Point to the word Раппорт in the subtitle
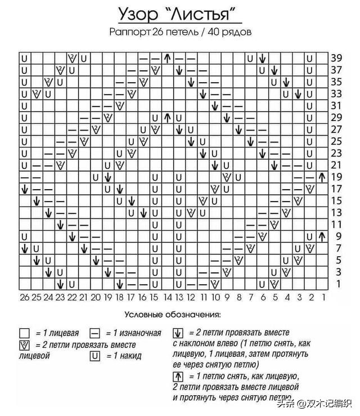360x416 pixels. tap(129, 32)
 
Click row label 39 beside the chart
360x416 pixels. tap(336, 58)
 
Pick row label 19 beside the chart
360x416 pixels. tap(336, 177)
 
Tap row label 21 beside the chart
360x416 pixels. tap(336, 165)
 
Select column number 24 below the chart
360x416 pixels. tap(48, 297)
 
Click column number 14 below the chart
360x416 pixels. tap(167, 297)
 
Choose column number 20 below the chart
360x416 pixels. tap(95, 297)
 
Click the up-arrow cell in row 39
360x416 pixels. tap(167, 58)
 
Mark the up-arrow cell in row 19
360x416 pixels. tap(322, 177)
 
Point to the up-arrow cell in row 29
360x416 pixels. tap(167, 118)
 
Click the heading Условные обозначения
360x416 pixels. tap(173, 314)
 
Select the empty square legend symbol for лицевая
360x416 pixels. tap(25, 333)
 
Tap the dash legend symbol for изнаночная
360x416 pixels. tap(95, 333)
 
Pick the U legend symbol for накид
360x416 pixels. tap(95, 355)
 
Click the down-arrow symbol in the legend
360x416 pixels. tap(178, 333)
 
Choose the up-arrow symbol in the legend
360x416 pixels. tap(178, 375)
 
